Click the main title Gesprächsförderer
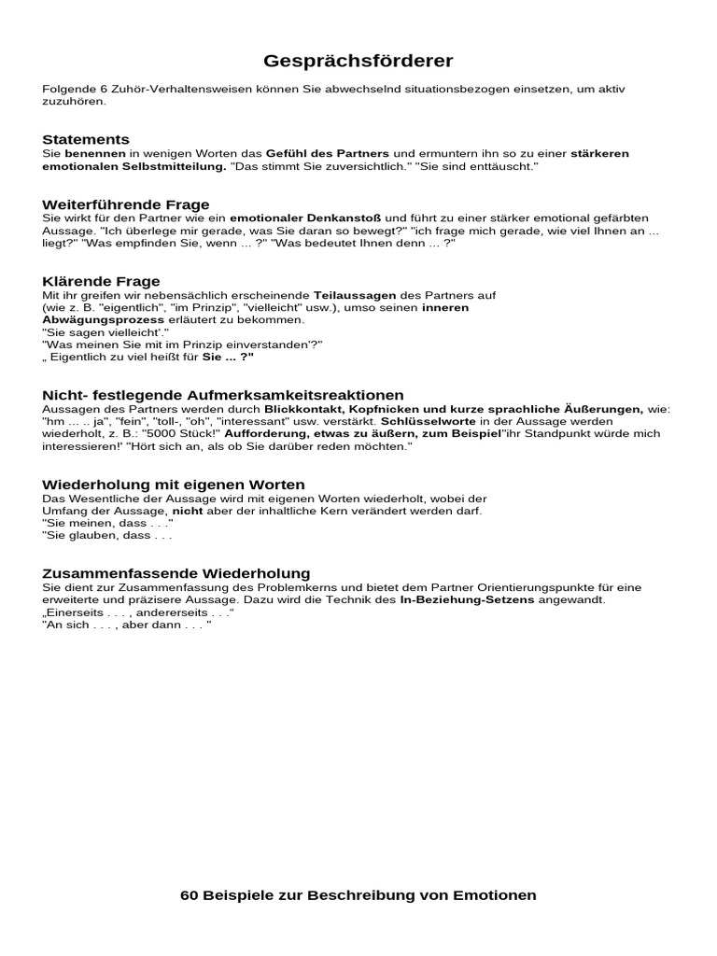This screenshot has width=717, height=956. tap(358, 62)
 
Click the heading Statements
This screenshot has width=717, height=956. tap(86, 139)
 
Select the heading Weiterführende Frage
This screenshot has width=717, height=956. tap(126, 204)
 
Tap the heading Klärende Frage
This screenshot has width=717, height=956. tap(101, 281)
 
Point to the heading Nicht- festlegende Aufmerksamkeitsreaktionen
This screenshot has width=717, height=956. tap(223, 395)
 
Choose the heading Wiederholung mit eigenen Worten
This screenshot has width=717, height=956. tap(174, 485)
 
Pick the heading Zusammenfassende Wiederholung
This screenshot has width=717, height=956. tap(176, 572)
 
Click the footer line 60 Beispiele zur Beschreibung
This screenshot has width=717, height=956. tap(358, 894)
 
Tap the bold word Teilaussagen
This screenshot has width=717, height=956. tap(349, 294)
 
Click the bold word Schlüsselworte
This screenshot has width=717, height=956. tap(412, 421)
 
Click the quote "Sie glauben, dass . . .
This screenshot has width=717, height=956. tap(106, 536)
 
